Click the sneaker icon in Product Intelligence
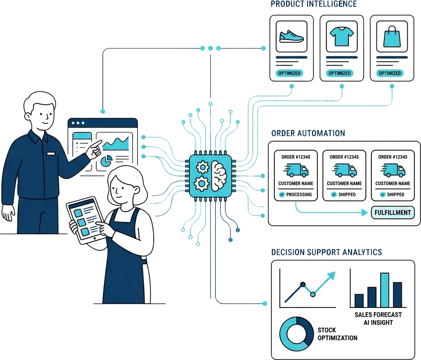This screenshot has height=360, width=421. pyautogui.click(x=291, y=36)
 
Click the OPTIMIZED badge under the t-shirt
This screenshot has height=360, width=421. pyautogui.click(x=340, y=73)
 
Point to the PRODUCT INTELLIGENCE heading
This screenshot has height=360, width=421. pyautogui.click(x=314, y=4)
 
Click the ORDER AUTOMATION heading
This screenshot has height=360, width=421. pyautogui.click(x=308, y=133)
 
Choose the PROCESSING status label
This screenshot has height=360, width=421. pyautogui.click(x=295, y=194)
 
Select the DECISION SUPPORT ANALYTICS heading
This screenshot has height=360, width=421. pyautogui.click(x=326, y=252)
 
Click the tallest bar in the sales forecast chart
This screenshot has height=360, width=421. pyautogui.click(x=384, y=290)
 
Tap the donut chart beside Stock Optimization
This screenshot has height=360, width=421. pyautogui.click(x=296, y=332)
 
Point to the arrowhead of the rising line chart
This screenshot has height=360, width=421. pyautogui.click(x=332, y=276)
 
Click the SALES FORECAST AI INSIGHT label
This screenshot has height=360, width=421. pyautogui.click(x=378, y=318)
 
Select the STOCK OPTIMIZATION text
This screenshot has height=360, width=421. pyautogui.click(x=337, y=334)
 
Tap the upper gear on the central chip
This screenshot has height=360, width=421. pyautogui.click(x=203, y=167)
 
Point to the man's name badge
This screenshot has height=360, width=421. pyautogui.click(x=50, y=153)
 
